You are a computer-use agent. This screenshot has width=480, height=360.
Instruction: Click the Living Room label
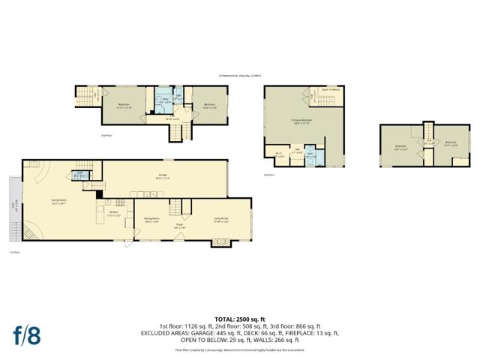pyautogui.click(x=220, y=220)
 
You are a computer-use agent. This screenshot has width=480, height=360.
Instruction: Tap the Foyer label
pyautogui.click(x=180, y=226)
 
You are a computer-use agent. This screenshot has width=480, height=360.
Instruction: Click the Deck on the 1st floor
pyautogui.click(x=14, y=205)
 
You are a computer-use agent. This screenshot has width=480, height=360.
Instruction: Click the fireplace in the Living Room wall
pyautogui.click(x=220, y=241)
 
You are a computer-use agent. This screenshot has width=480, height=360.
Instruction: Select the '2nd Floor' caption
pyautogui.click(x=106, y=136)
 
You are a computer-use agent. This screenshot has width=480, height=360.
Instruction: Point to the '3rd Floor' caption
pyautogui.click(x=268, y=175)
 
